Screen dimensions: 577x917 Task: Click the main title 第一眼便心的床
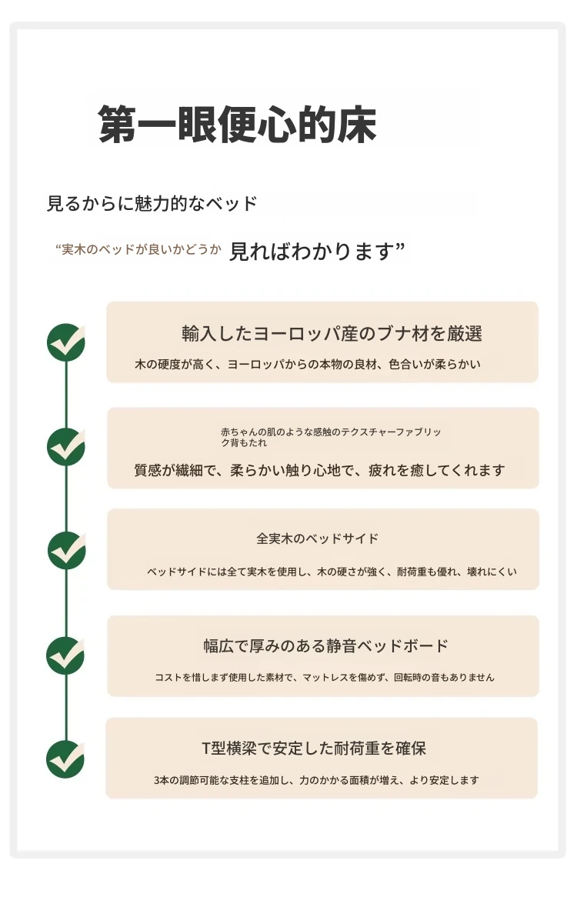(237, 125)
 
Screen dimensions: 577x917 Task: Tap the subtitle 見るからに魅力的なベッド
(152, 204)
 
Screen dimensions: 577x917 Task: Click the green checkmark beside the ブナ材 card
(65, 342)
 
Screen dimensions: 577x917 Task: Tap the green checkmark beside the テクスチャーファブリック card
(65, 447)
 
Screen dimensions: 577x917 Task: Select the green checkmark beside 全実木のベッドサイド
(66, 551)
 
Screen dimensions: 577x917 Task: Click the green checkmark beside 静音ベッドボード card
(65, 655)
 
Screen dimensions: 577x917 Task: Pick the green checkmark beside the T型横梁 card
(65, 759)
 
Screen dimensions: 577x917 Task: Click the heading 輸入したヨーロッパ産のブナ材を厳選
(332, 334)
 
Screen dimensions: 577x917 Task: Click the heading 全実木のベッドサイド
(318, 539)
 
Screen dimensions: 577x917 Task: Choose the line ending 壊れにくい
(332, 572)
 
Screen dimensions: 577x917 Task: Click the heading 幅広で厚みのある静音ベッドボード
(325, 646)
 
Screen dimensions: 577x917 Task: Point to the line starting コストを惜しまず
(325, 677)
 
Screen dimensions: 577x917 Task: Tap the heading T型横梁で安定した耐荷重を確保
(314, 749)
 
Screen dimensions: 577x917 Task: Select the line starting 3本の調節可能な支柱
(316, 780)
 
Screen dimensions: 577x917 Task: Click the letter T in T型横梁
(205, 749)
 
